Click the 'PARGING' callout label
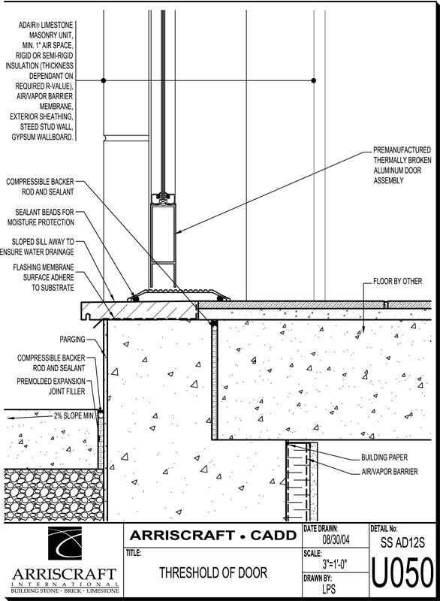(x=72, y=340)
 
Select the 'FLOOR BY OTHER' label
(x=397, y=281)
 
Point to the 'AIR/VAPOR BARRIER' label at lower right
(x=390, y=472)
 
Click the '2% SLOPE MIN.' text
(x=74, y=416)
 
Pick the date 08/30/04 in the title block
(x=336, y=540)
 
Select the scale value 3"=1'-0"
(x=335, y=564)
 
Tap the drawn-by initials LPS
(x=329, y=588)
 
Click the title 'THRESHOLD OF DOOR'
(x=213, y=572)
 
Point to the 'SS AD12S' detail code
(x=402, y=542)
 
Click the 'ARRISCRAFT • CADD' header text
(x=213, y=535)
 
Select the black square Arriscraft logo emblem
(x=65, y=542)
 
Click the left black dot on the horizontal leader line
(x=104, y=80)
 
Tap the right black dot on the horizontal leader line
(x=314, y=80)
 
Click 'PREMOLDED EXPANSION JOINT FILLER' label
(x=51, y=386)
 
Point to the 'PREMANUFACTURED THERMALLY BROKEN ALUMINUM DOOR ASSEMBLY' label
(x=402, y=165)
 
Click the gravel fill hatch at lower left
(x=53, y=494)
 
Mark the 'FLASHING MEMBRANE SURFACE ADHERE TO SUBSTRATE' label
(x=44, y=277)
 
